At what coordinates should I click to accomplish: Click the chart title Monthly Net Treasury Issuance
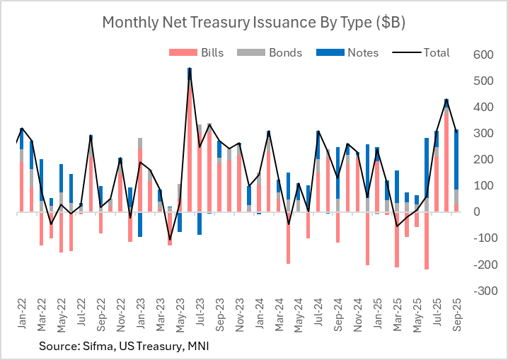tap(253, 22)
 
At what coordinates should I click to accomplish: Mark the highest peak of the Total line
tap(190, 69)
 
